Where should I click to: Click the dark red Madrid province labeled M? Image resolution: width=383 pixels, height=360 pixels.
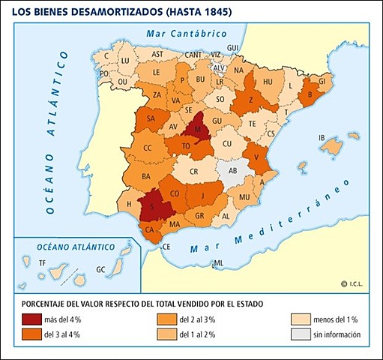(196, 128)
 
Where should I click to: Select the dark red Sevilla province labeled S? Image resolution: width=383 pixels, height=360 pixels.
(153, 205)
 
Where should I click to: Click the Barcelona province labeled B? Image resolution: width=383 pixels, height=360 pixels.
(310, 95)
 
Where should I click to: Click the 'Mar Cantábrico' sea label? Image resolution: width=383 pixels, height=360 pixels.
(187, 34)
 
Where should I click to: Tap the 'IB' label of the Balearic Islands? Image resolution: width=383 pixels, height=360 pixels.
(322, 138)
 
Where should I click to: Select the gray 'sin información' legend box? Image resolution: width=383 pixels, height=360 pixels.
(300, 334)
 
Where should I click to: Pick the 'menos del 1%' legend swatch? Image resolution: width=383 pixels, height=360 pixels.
(300, 319)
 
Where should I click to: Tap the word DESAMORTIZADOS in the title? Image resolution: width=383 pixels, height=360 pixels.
(107, 11)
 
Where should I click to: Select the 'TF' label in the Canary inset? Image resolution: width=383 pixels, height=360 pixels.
(43, 262)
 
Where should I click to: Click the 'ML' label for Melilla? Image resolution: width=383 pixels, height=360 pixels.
(218, 263)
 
